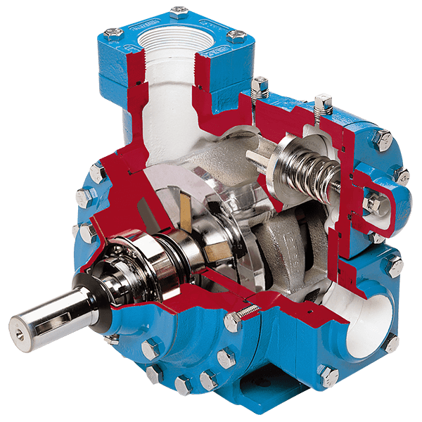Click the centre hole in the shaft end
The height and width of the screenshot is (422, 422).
tap(18, 326)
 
